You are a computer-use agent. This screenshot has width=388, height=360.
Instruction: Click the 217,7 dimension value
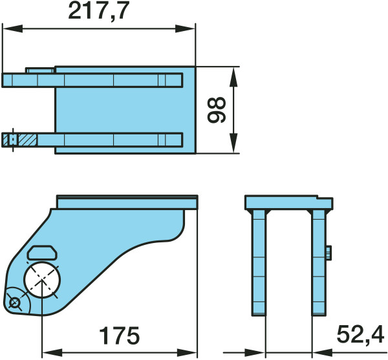click(x=99, y=11)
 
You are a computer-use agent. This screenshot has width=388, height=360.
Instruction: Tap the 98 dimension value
click(x=217, y=110)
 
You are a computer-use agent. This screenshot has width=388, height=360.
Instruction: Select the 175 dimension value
click(x=120, y=336)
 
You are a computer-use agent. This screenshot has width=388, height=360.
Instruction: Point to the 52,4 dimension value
click(x=361, y=335)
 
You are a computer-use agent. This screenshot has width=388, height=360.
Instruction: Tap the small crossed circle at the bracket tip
click(x=14, y=302)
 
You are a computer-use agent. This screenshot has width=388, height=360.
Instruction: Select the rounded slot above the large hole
click(x=42, y=253)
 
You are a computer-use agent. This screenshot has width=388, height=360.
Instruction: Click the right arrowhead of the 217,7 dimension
click(x=185, y=28)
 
